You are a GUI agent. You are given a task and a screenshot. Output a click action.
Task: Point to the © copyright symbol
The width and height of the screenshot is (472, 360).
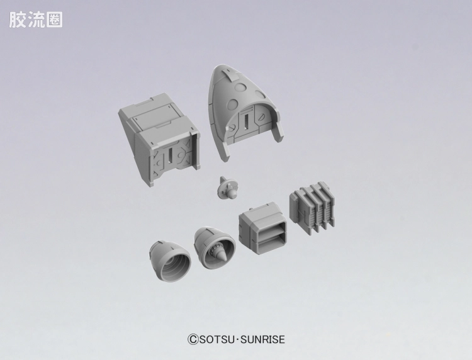193,339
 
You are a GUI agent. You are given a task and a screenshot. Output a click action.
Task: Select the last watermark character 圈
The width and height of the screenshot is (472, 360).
54,20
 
